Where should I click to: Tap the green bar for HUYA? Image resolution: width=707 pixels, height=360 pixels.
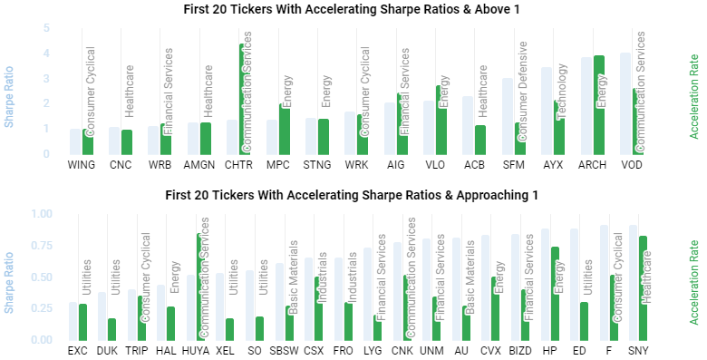[x=199, y=287]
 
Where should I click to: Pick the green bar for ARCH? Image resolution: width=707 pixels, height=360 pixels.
[x=598, y=104]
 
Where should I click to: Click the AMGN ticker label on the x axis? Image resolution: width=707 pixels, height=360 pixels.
[x=199, y=166]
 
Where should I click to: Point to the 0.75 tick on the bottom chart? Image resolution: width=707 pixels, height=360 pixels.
[x=42, y=245]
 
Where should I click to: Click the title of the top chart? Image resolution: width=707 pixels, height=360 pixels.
[x=353, y=10]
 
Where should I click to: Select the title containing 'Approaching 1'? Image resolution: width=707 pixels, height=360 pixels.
[x=353, y=195]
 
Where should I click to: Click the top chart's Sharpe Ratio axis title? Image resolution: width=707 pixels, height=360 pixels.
[x=10, y=91]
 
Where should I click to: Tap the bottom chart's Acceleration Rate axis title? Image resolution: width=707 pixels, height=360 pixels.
[x=694, y=276]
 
